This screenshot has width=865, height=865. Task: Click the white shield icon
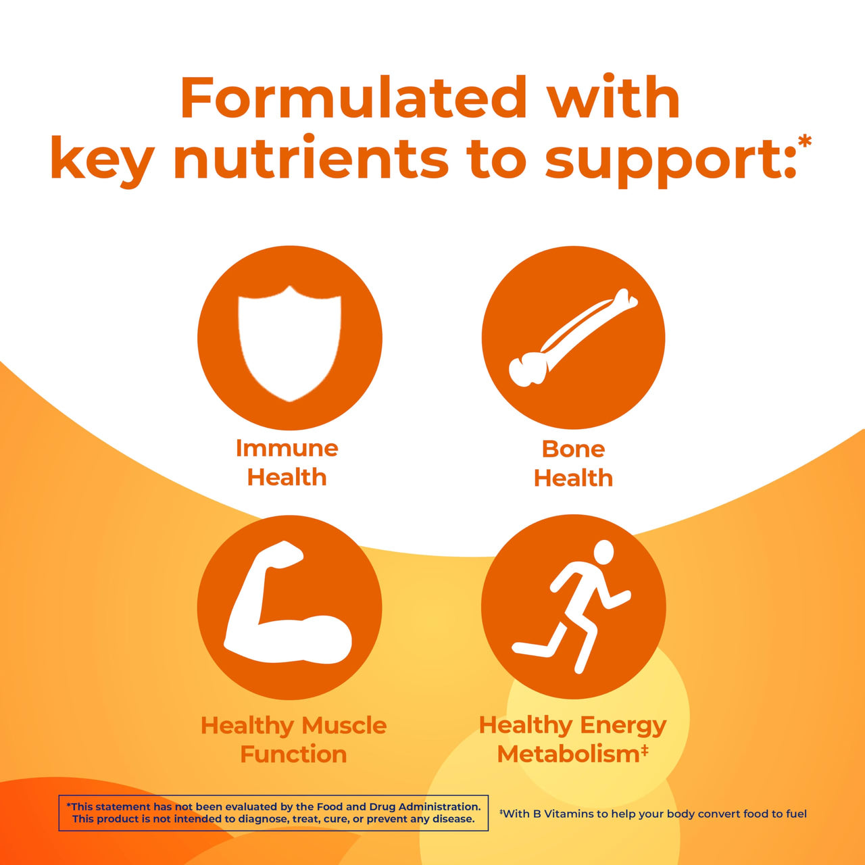[x=289, y=342]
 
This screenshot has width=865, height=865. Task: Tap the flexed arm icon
[x=287, y=608]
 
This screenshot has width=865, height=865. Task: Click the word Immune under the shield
[x=287, y=448]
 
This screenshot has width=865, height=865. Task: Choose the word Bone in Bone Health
[x=573, y=449]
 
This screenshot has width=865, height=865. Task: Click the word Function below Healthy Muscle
[x=293, y=754]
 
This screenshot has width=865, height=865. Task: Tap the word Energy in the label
[x=623, y=725]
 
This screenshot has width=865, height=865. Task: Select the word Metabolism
[x=568, y=754]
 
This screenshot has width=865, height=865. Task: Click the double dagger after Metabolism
[x=645, y=749]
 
